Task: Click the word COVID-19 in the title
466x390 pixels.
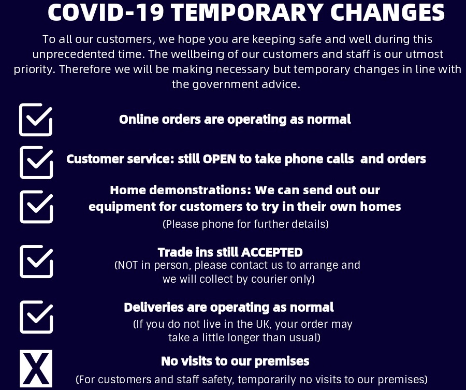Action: tap(106, 12)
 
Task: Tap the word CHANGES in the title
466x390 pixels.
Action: tap(387, 12)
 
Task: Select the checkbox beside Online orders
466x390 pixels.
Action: tap(36, 120)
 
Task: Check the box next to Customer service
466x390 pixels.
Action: tap(36, 162)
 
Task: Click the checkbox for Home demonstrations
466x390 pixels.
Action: tap(36, 207)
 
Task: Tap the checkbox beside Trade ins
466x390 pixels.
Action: tap(36, 261)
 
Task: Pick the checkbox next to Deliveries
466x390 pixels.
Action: tap(36, 317)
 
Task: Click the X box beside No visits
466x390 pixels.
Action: tap(36, 369)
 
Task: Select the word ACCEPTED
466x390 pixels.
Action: tap(272, 252)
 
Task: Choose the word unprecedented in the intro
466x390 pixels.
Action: tap(74, 54)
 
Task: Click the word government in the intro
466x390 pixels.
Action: tap(226, 84)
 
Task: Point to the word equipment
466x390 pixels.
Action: tap(122, 207)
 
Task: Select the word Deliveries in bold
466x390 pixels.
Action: tap(154, 307)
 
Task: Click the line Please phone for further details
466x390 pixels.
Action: tap(246, 224)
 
